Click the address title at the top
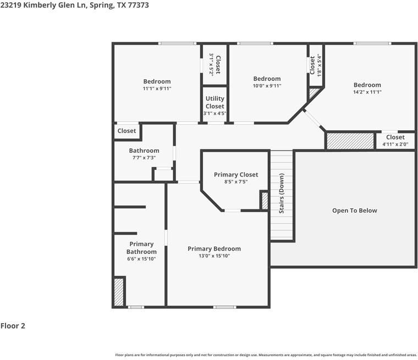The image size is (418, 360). tap(74, 5)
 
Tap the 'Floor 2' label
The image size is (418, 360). tap(13, 326)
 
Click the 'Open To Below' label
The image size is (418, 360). tap(354, 211)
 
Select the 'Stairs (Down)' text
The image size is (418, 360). tap(282, 193)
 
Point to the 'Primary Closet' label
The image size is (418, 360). tap(236, 175)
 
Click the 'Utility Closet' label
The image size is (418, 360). tap(215, 102)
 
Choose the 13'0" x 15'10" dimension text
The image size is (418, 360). tap(214, 256)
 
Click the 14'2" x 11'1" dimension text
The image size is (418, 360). tap(367, 92)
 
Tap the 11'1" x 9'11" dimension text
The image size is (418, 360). tap(157, 88)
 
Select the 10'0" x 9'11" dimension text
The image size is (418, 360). tap(267, 86)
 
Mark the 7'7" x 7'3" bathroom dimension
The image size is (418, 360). tap(144, 158)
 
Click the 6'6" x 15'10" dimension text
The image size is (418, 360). tap(141, 258)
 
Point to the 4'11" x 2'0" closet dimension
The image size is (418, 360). tap(395, 145)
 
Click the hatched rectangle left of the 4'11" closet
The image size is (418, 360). tap(350, 141)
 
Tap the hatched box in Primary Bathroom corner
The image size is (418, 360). tap(119, 292)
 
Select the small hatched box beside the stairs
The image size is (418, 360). tap(264, 200)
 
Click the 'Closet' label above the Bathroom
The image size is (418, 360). tap(127, 131)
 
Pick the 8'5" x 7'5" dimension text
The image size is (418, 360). tap(235, 182)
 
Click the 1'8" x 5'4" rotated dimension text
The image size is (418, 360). tap(319, 65)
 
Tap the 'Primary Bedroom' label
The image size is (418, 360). tap(214, 248)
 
